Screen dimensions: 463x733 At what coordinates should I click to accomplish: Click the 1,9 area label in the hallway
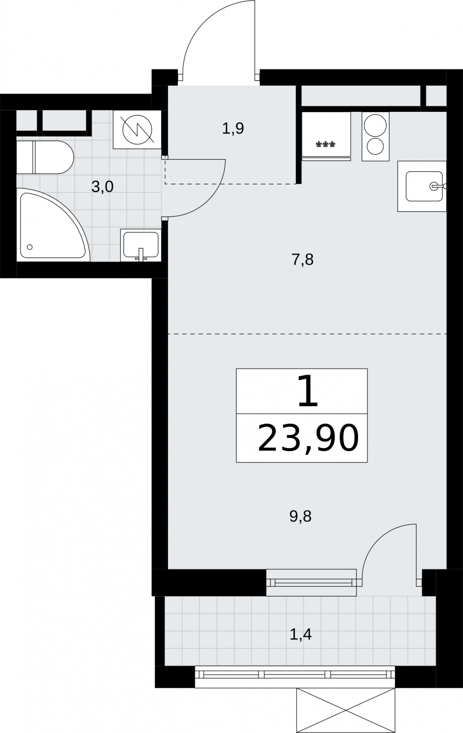pyautogui.click(x=233, y=128)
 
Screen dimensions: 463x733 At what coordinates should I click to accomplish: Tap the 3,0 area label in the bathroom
pyautogui.click(x=103, y=187)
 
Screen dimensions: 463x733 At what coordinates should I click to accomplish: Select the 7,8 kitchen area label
pyautogui.click(x=303, y=260)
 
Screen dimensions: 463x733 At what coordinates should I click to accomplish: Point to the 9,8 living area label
pyautogui.click(x=300, y=516)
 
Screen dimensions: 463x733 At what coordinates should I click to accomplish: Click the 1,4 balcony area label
pyautogui.click(x=301, y=634)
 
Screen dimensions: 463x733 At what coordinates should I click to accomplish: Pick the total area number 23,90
pyautogui.click(x=309, y=438)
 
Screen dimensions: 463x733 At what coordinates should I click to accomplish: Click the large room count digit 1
pyautogui.click(x=308, y=391)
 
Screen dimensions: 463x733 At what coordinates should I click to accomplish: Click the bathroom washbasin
pyautogui.click(x=141, y=245)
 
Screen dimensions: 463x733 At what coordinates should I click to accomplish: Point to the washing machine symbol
pyautogui.click(x=137, y=130)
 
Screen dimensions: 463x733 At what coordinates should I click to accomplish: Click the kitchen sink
pyautogui.click(x=422, y=186)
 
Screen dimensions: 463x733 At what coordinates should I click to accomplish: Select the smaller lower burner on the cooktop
pyautogui.click(x=375, y=146)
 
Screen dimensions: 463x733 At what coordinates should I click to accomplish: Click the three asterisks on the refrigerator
pyautogui.click(x=326, y=144)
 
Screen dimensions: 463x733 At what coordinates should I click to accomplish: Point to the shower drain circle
pyautogui.click(x=30, y=247)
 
